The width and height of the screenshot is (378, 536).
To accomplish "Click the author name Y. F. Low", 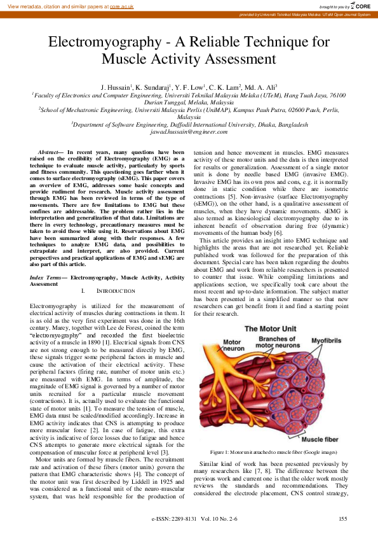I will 189,87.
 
